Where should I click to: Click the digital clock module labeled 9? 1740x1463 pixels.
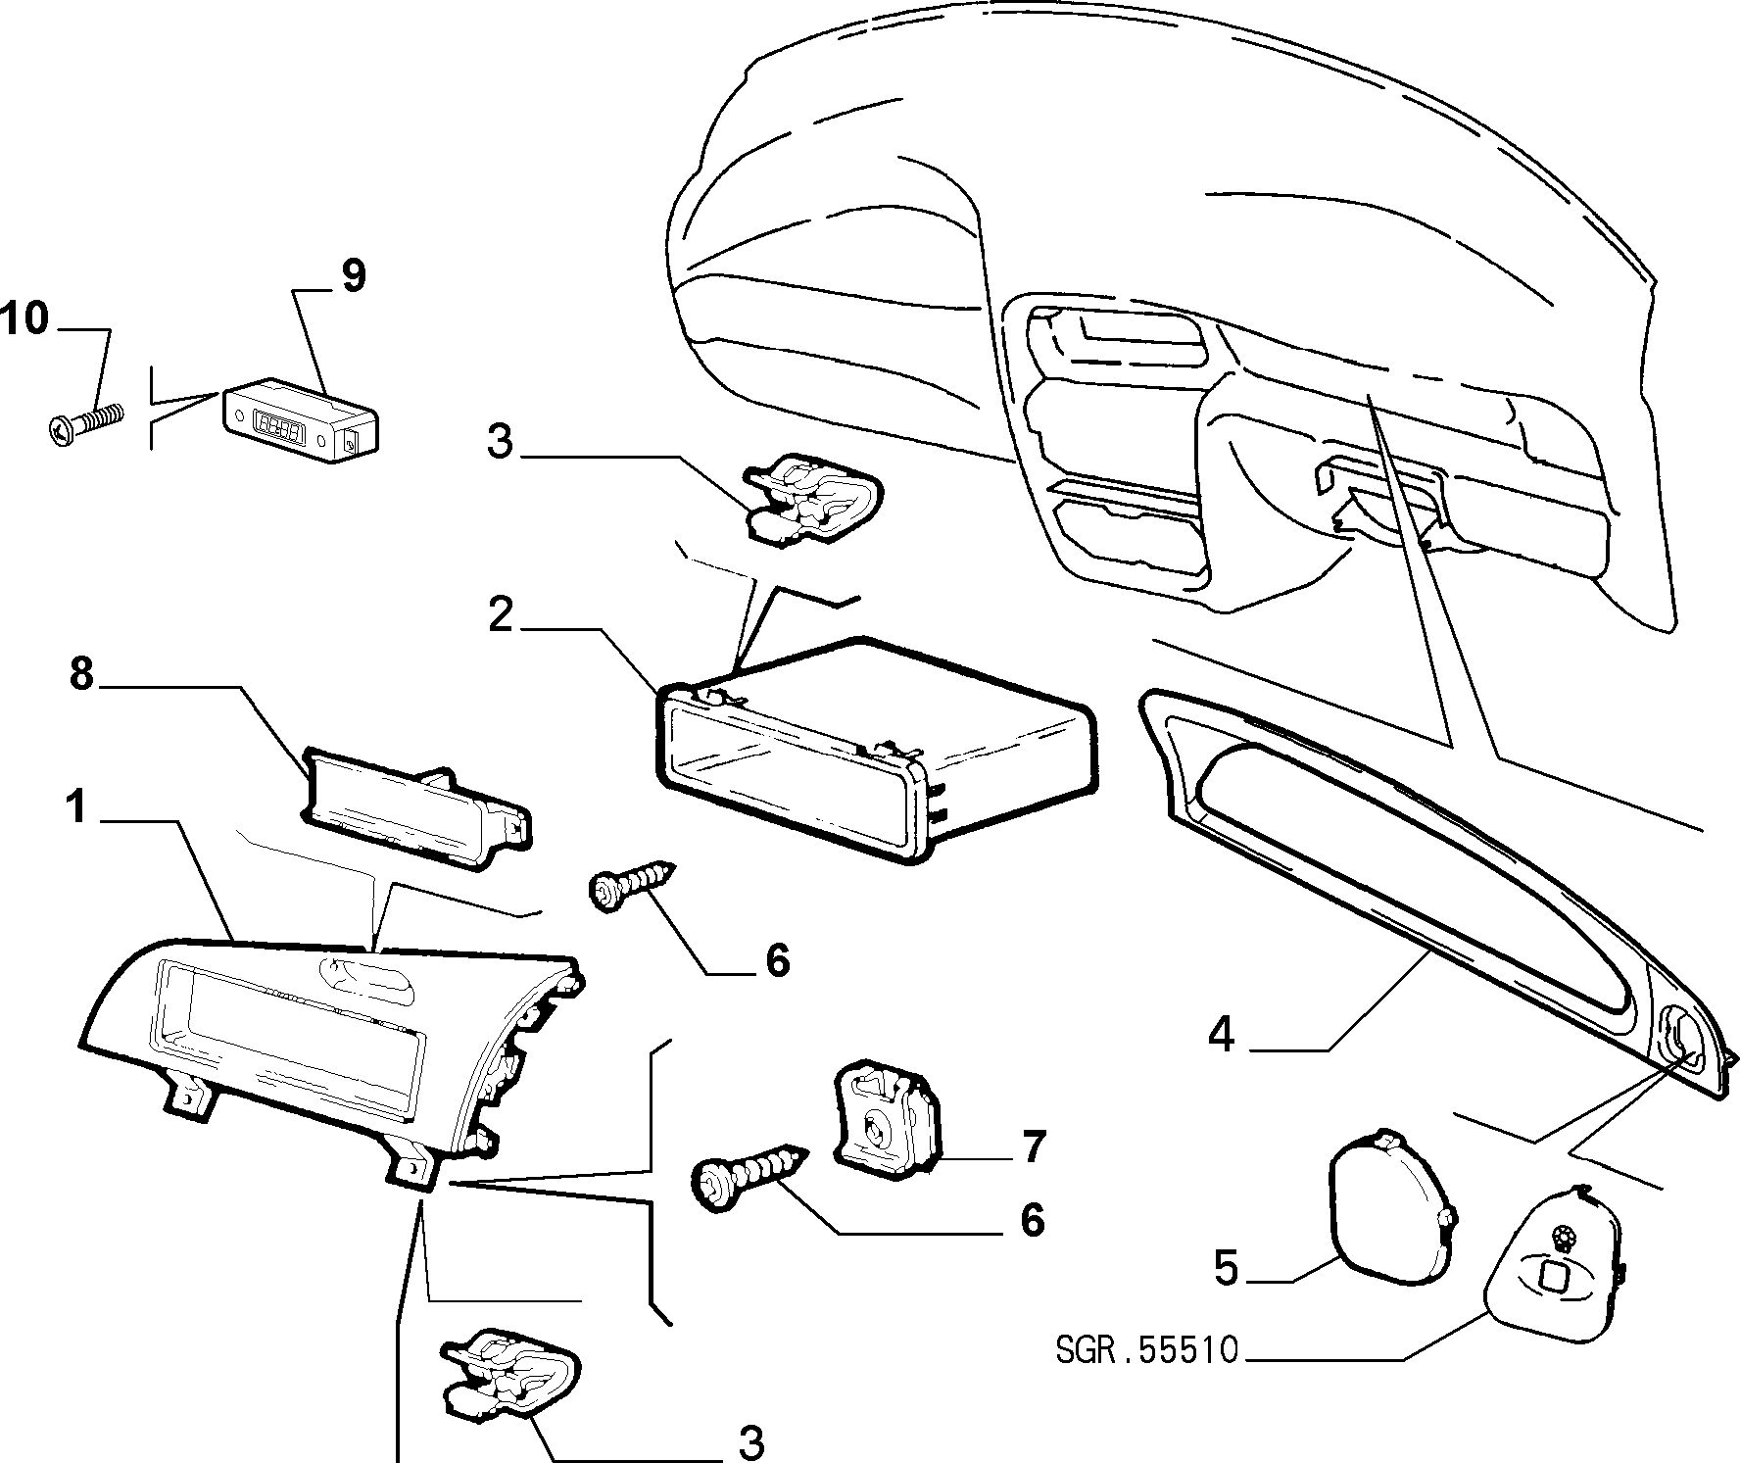pyautogui.click(x=302, y=420)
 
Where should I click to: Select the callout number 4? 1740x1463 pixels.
pyautogui.click(x=1221, y=1035)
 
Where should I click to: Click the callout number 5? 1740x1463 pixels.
pyautogui.click(x=1226, y=1267)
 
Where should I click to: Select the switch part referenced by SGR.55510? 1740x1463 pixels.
pyautogui.click(x=1555, y=1263)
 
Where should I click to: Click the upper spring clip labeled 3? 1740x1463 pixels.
pyautogui.click(x=813, y=499)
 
